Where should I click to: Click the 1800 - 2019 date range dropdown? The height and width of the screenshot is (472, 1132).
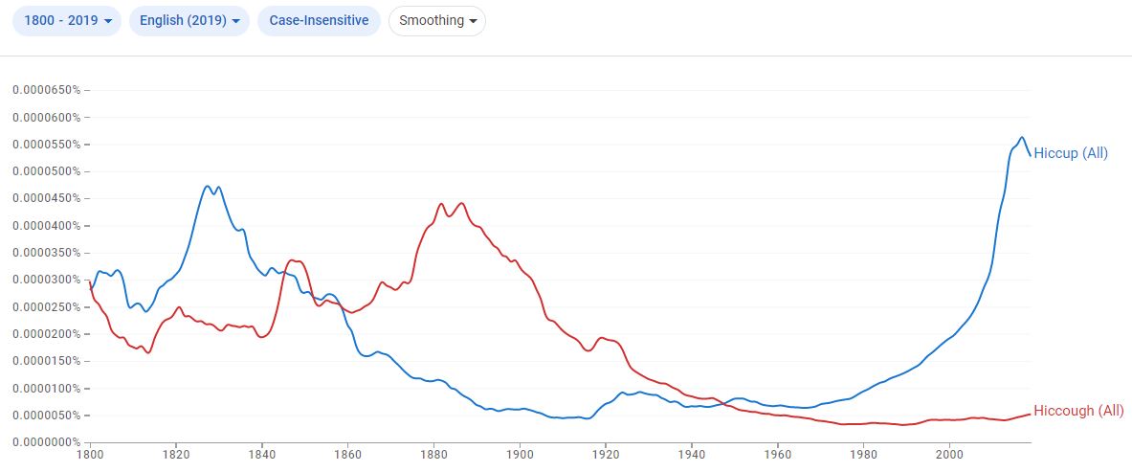point(66,20)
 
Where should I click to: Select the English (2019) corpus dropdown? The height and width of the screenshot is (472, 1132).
point(189,20)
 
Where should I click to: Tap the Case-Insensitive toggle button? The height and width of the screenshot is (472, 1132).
point(319,20)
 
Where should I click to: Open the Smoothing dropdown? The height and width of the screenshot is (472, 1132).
point(436,20)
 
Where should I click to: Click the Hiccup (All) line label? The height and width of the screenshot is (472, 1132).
point(1071,153)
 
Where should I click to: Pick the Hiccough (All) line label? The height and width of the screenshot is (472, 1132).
point(1078,411)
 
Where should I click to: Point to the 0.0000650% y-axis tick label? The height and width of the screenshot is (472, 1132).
point(47,90)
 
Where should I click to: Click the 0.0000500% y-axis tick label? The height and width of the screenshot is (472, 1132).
point(47,171)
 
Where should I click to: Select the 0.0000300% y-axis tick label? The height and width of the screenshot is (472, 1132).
point(47,280)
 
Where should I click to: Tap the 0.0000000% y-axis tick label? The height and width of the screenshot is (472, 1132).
point(47,442)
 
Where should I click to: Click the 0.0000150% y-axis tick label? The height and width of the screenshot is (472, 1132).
point(47,361)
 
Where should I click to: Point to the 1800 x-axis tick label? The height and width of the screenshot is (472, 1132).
point(91,455)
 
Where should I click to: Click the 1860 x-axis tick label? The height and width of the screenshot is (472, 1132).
point(348,455)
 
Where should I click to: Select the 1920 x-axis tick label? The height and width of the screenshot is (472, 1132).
point(606,455)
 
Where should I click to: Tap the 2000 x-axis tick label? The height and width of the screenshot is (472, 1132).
point(949,455)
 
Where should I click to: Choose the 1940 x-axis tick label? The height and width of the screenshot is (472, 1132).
point(692,455)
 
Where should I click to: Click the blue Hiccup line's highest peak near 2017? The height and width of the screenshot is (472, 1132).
point(1022,137)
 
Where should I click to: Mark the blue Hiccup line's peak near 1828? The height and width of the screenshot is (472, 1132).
point(209,186)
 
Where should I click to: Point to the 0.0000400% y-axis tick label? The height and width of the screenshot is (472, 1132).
point(47,226)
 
